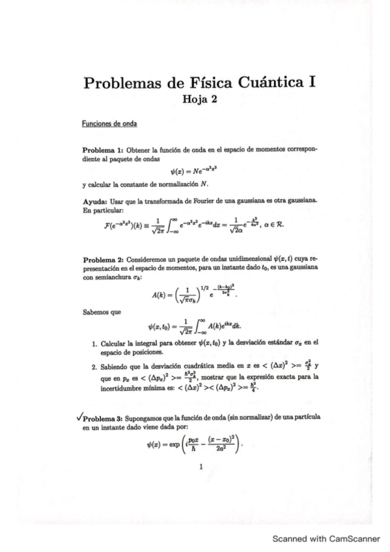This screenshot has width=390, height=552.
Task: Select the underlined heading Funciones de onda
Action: click(104, 123)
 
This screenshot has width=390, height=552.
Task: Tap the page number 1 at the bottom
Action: click(202, 466)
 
